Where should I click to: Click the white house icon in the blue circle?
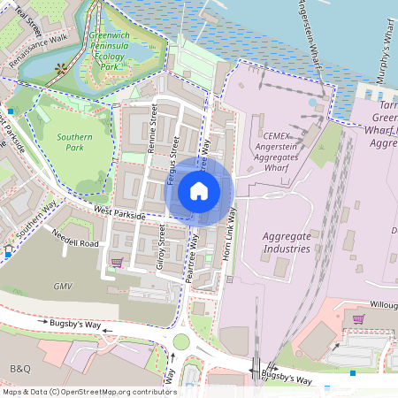pyautogui.click(x=199, y=190)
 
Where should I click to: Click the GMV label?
pyautogui.click(x=62, y=287)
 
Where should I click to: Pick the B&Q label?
pyautogui.click(x=19, y=367)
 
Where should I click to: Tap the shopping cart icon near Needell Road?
pyautogui.click(x=117, y=262)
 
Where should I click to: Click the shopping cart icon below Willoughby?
pyautogui.click(x=357, y=319)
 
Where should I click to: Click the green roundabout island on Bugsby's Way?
pyautogui.click(x=181, y=342)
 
